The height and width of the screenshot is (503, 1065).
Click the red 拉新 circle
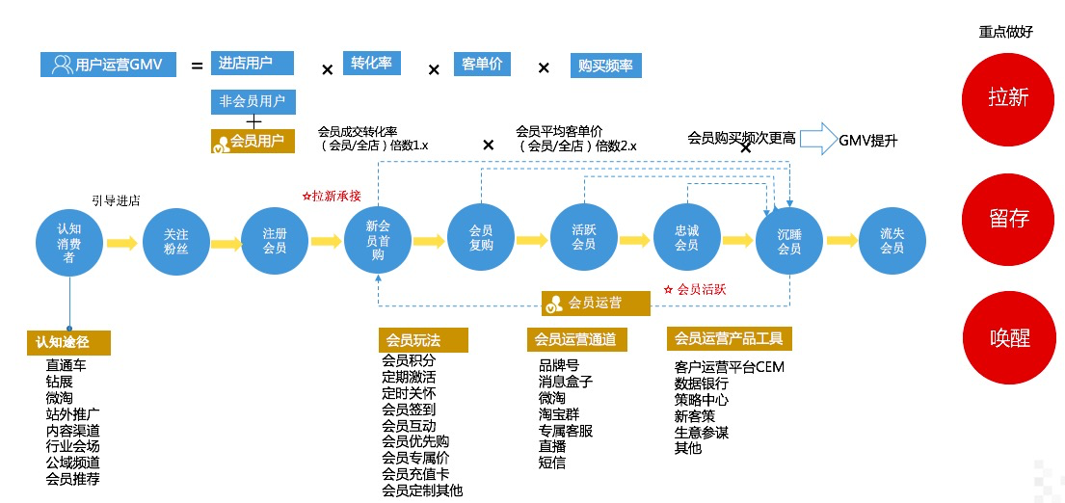point(1008,97)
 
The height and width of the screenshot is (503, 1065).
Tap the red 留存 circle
point(1008,219)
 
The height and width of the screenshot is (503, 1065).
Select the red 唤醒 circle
point(1008,338)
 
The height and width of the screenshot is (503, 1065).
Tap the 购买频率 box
point(605,66)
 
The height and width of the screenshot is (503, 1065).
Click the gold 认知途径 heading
point(68,342)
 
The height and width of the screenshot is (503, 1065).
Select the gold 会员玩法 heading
point(423,339)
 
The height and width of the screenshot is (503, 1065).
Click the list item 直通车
point(71,365)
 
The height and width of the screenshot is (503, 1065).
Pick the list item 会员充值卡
point(415,474)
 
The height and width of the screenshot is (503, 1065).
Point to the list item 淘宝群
point(558,414)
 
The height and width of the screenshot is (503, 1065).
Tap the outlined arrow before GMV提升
point(815,138)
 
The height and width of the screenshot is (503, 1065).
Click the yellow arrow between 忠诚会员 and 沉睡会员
point(737,241)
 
